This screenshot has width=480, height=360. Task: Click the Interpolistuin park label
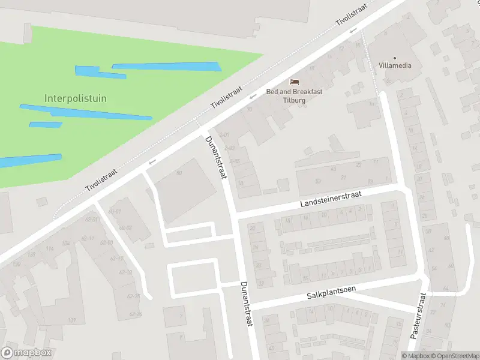pyautogui.click(x=76, y=98)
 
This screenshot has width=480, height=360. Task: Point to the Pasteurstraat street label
pyautogui.click(x=418, y=316)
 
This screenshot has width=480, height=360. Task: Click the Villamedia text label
pyautogui.click(x=395, y=65)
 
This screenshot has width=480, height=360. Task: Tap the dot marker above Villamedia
pyautogui.click(x=395, y=58)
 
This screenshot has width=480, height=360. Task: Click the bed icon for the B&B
pyautogui.click(x=294, y=82)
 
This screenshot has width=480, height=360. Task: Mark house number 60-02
pyautogui.click(x=125, y=227)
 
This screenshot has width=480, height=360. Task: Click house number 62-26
pyautogui.click(x=135, y=314)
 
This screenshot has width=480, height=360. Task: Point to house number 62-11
pyautogui.click(x=88, y=238)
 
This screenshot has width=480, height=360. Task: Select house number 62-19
pyautogui.click(x=125, y=272)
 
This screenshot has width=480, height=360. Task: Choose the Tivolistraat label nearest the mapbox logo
pyautogui.click(x=100, y=178)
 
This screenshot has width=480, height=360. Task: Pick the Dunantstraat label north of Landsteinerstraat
pyautogui.click(x=216, y=157)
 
